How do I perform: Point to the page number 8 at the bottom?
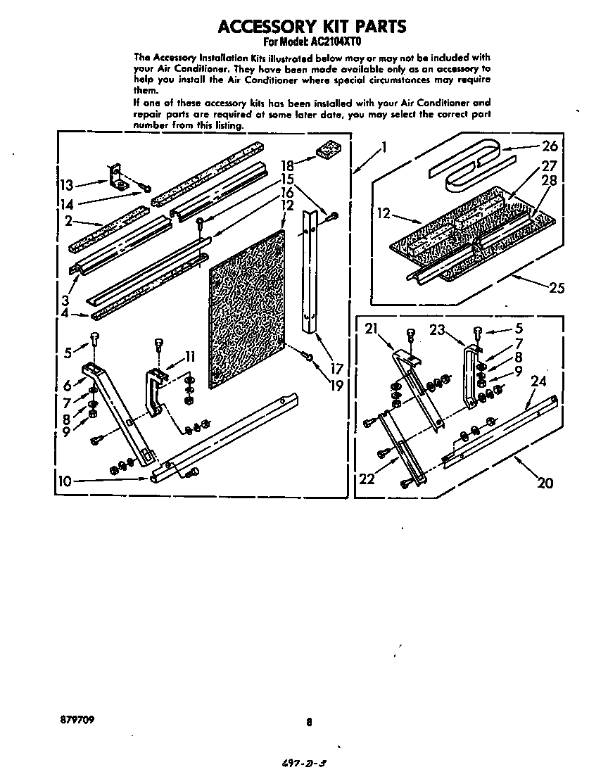[308, 721]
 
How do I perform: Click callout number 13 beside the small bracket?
[66, 185]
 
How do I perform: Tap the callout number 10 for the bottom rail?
[65, 481]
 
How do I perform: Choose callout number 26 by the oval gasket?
[550, 146]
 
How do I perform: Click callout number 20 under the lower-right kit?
[545, 483]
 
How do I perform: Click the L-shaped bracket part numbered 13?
[115, 177]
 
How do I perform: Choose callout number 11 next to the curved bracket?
[190, 356]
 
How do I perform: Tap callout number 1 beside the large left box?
[384, 147]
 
